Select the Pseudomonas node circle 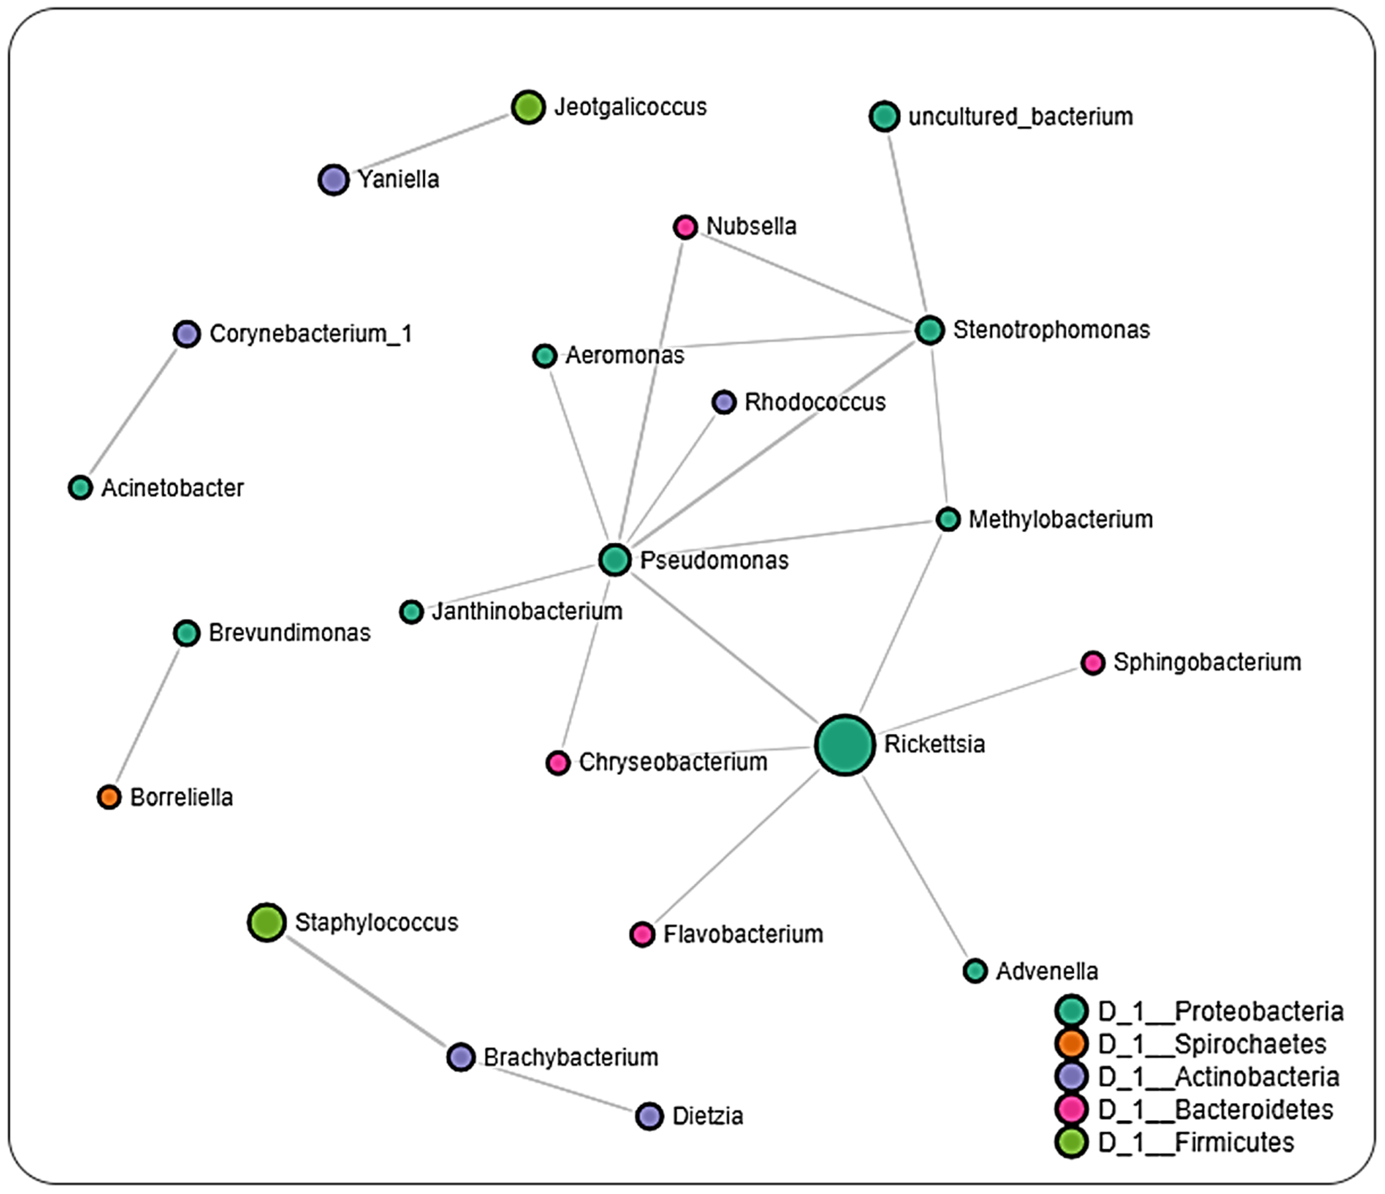pos(615,560)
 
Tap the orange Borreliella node pos(109,797)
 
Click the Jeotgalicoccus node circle pos(528,107)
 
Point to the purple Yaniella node pos(334,179)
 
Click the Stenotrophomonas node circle pos(929,329)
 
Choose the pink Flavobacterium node pos(642,934)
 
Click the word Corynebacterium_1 pos(311,334)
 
